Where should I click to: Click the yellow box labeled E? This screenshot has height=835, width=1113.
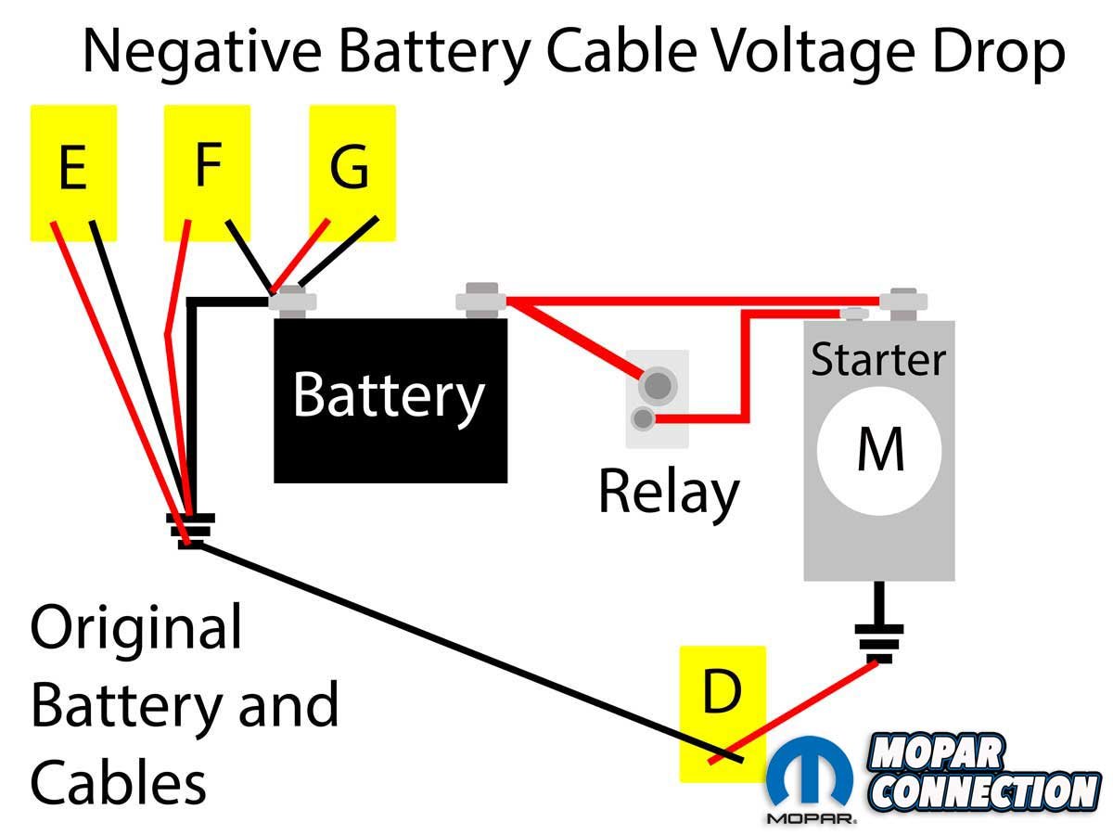(x=73, y=172)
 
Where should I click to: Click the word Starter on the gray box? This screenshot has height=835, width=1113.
(x=878, y=359)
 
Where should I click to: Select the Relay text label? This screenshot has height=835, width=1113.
(x=668, y=492)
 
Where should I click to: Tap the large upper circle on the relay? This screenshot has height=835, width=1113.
(x=658, y=383)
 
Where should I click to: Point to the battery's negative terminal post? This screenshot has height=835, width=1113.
(x=293, y=300)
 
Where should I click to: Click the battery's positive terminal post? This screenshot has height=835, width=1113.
(x=479, y=299)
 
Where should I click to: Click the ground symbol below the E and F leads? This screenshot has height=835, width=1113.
(x=190, y=529)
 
